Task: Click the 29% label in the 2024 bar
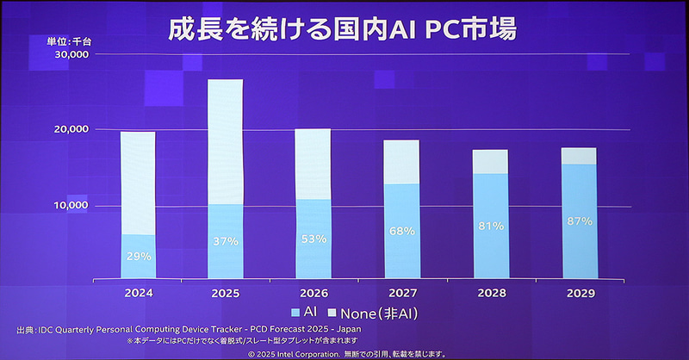[139, 256]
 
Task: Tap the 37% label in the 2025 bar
[226, 241]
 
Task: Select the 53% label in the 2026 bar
[313, 239]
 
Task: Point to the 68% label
[401, 231]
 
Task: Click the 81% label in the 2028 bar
[489, 227]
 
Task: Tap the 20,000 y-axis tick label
[71, 129]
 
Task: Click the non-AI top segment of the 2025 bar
[226, 142]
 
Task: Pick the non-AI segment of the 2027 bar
[401, 162]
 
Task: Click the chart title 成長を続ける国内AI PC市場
[343, 30]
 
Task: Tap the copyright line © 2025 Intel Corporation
[344, 353]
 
